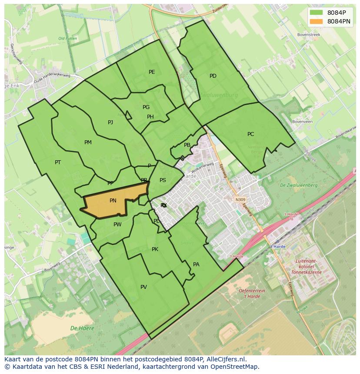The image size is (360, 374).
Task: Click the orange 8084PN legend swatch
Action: [317, 21]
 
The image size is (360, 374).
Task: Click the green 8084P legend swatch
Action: [317, 12]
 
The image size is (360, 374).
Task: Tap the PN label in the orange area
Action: [113, 201]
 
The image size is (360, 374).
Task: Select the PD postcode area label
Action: [213, 76]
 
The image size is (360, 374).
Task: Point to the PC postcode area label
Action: [250, 134]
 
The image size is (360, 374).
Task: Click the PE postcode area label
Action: [152, 72]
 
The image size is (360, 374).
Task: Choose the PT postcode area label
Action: [58, 162]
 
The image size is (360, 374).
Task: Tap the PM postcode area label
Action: [88, 142]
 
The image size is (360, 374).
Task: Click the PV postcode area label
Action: [143, 287]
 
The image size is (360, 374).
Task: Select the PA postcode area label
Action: [196, 265]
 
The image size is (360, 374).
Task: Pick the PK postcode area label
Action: [155, 249]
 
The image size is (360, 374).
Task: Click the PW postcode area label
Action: [117, 225]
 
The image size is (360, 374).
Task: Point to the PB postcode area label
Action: [187, 145]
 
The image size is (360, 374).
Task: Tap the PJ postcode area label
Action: [110, 122]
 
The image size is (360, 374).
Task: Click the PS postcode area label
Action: [163, 180]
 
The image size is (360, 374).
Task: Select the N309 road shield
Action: [240, 200]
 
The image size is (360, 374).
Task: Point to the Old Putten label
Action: [67, 39]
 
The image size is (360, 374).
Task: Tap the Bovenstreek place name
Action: [308, 34]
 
